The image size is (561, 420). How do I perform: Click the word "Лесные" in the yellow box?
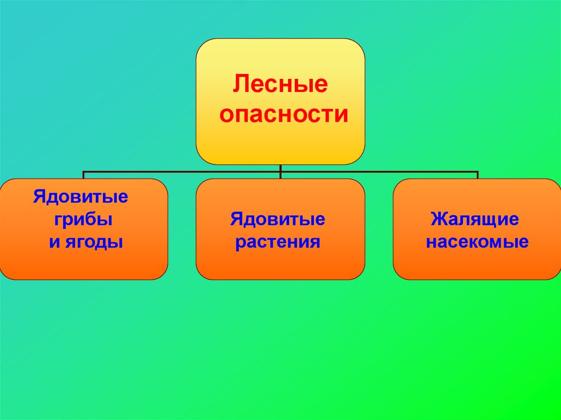coord(280,85)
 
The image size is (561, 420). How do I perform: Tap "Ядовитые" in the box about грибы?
coord(81,197)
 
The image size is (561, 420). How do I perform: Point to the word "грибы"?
coord(84,220)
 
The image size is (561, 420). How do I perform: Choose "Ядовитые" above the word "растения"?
coord(278,220)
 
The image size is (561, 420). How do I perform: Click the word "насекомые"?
coord(477,242)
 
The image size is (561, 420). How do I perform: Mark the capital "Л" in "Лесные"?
coord(239,85)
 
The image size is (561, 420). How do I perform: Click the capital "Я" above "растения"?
coord(236,220)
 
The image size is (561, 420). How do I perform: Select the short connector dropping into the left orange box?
coord(83,175)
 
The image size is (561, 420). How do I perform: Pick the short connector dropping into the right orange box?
coord(478,175)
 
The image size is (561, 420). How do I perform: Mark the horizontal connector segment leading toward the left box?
coord(181,172)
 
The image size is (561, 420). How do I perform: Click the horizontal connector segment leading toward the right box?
coord(378,172)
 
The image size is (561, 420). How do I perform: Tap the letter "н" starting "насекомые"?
coord(431,243)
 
